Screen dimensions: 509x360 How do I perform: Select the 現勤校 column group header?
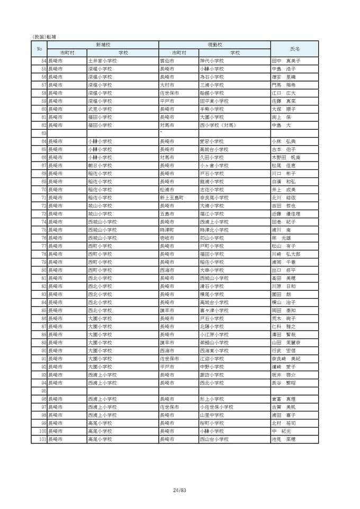tap(214, 45)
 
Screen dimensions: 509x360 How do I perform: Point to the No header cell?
tap(39, 49)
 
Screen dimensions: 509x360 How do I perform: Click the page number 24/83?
tap(179, 489)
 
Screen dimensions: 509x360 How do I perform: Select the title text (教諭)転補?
tap(44, 37)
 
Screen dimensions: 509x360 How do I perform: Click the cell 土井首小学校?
tap(102, 61)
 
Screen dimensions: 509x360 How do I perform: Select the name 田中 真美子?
tap(285, 61)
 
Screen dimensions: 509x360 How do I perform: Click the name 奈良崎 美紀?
tap(285, 359)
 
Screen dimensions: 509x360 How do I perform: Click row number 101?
tap(43, 439)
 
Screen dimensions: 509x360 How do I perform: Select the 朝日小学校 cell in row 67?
tap(100, 165)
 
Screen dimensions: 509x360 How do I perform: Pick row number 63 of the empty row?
tap(44, 133)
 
